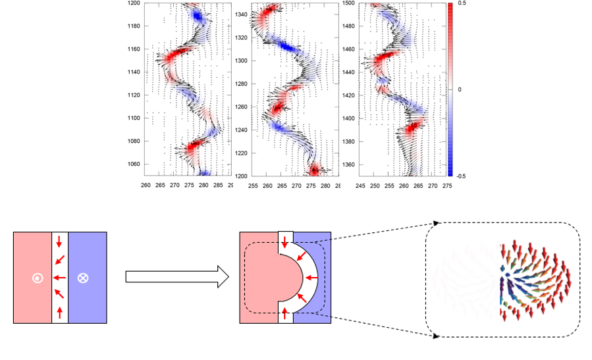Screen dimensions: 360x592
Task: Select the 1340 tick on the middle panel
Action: [x=241, y=14]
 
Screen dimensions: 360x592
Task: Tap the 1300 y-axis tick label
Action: [x=241, y=61]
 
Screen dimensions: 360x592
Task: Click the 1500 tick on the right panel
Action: [x=348, y=3]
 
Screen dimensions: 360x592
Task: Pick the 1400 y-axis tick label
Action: [x=348, y=118]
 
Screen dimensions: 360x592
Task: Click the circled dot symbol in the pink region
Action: [x=37, y=278]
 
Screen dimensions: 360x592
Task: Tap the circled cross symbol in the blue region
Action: [x=82, y=278]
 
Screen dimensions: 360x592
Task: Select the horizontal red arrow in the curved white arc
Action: [x=310, y=278]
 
